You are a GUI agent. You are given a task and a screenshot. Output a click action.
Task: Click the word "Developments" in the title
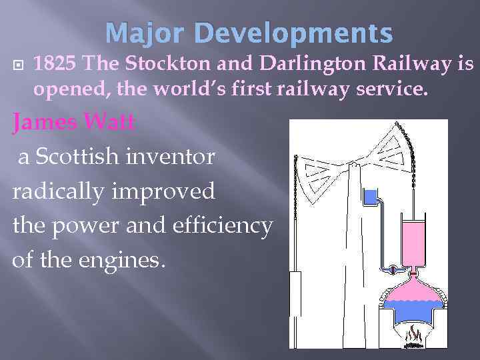[295, 33]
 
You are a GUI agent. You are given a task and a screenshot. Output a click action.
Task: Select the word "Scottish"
[87, 157]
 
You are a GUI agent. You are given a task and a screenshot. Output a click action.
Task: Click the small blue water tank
[369, 196]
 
